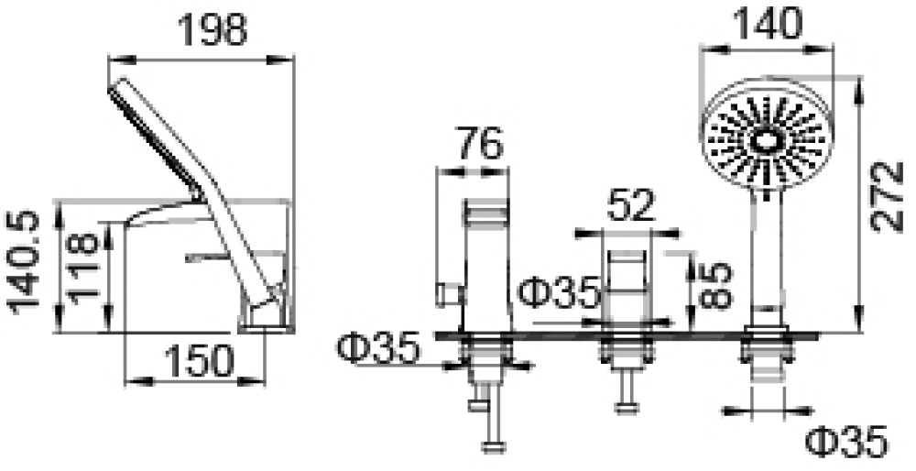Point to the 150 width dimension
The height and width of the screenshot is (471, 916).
tap(199, 360)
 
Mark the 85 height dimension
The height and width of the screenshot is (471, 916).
tap(714, 285)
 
